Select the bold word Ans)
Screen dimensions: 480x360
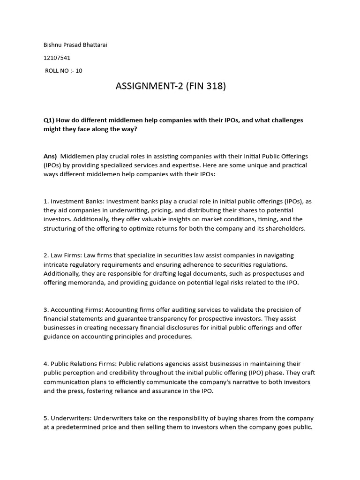(50, 156)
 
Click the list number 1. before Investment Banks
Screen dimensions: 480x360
(46, 201)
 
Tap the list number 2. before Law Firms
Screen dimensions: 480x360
(46, 255)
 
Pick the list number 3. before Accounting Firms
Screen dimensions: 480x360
(46, 309)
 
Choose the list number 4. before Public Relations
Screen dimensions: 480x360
(46, 364)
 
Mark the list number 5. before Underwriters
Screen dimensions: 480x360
(46, 418)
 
